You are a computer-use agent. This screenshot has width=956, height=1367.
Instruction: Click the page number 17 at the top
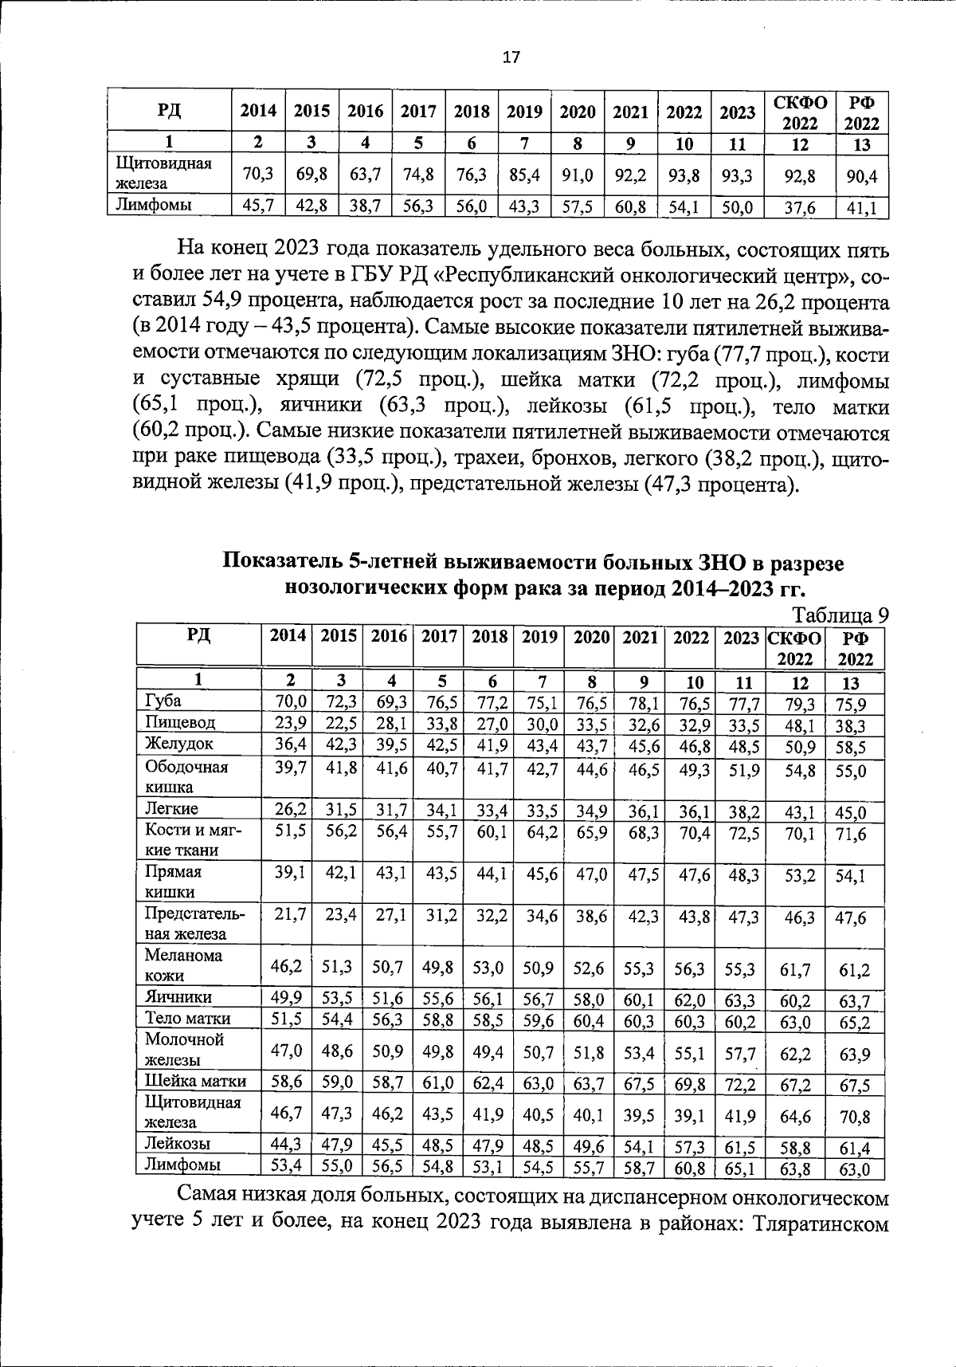point(511,57)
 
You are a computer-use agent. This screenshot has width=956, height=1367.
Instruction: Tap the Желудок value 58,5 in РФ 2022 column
point(850,747)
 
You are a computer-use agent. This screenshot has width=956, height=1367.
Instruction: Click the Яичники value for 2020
point(589,998)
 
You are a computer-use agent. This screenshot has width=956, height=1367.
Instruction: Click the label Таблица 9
point(840,615)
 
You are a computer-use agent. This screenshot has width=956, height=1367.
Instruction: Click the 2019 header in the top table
point(524,112)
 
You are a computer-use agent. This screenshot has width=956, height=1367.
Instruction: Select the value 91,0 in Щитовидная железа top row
point(578,175)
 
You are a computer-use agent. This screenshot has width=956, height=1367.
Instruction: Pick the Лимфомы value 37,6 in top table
point(800,209)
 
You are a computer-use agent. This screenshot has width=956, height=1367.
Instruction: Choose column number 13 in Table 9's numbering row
point(850,682)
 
